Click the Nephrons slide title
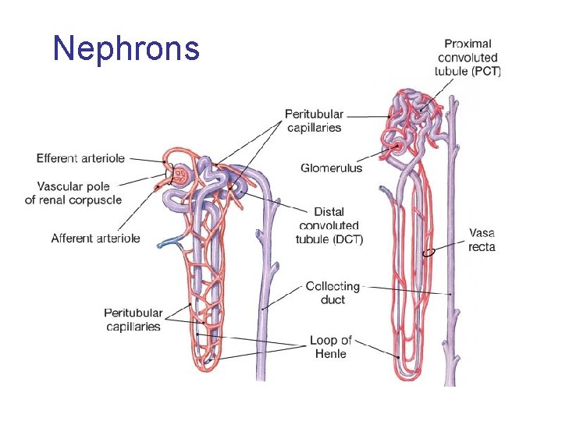(x=126, y=48)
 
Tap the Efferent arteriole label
(x=80, y=158)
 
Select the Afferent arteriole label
(x=95, y=238)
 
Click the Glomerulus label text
(x=331, y=168)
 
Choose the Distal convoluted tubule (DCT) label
(x=329, y=225)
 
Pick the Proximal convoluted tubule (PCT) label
(x=468, y=57)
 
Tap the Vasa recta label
(x=482, y=239)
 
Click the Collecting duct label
(x=333, y=293)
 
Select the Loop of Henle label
(x=330, y=347)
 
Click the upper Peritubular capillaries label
(x=314, y=121)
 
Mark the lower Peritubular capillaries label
(x=133, y=320)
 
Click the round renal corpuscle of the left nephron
(x=180, y=175)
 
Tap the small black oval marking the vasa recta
(x=429, y=253)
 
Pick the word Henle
(x=330, y=354)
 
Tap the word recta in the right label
(x=482, y=246)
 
